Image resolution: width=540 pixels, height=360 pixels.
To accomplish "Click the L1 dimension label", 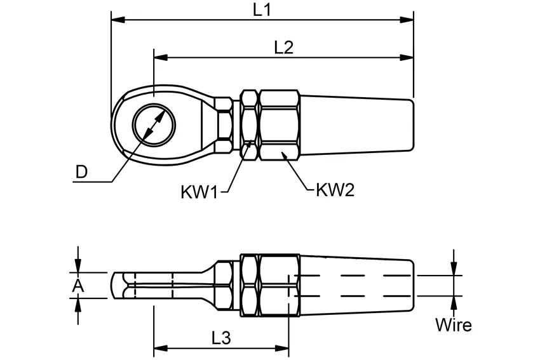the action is [x=262, y=10].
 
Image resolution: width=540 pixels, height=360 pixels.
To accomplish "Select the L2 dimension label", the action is [x=284, y=47].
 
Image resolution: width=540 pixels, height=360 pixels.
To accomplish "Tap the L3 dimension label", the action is [x=220, y=338].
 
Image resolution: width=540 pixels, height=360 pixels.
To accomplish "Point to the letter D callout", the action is [x=81, y=171].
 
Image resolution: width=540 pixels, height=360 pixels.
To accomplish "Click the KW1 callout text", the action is [x=199, y=192].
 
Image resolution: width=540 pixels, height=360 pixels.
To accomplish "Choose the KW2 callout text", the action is [x=335, y=190].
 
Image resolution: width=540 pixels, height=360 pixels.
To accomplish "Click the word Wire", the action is [x=453, y=325].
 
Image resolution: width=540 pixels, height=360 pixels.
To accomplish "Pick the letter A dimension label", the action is [x=78, y=286].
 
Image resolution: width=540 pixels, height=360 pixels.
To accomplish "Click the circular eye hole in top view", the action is [x=154, y=124].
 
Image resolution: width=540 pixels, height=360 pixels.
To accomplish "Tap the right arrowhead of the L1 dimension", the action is [x=407, y=19].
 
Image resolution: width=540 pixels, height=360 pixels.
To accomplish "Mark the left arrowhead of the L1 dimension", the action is [x=118, y=19].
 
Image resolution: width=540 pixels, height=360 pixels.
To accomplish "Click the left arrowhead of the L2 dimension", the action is [x=161, y=57].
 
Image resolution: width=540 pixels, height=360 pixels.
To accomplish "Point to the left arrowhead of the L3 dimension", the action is [x=161, y=349].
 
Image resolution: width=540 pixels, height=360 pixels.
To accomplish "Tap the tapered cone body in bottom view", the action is [x=356, y=286].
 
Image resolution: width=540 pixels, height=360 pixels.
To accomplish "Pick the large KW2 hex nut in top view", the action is [x=279, y=124].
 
